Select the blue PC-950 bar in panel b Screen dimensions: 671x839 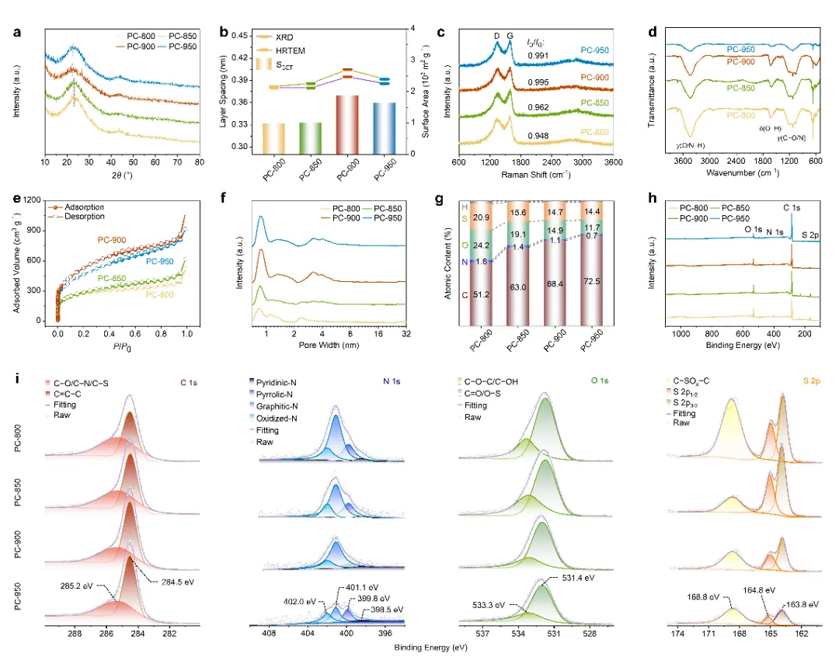(388, 125)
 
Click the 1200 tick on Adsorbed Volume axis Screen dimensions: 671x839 (31, 200)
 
